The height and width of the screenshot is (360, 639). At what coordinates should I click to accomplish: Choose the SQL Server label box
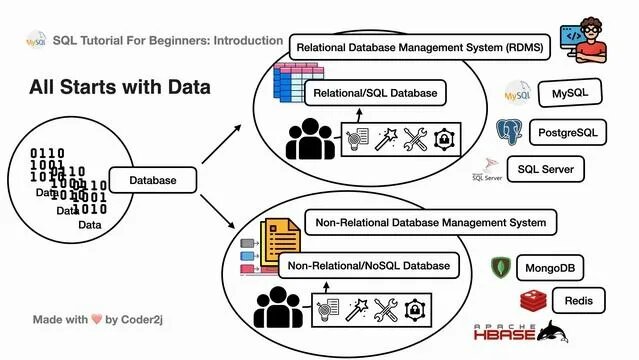(545, 169)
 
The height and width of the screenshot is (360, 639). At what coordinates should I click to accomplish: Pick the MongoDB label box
(549, 268)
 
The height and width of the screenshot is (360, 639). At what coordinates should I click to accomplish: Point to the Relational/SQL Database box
(374, 94)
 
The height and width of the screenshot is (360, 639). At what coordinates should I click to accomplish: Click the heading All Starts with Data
(118, 87)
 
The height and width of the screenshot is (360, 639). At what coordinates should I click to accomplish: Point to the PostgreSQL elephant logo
(511, 131)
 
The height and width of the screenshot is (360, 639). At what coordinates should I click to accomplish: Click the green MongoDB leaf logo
(500, 268)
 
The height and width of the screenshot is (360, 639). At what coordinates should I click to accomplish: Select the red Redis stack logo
(534, 301)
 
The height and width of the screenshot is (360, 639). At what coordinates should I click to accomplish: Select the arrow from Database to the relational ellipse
(221, 142)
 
